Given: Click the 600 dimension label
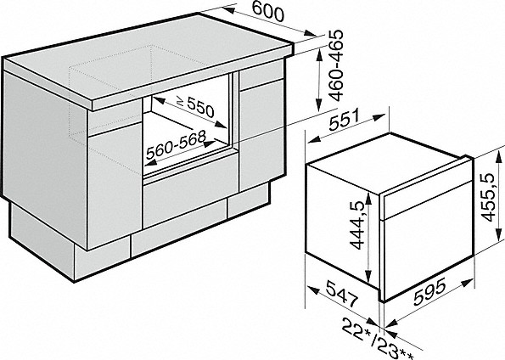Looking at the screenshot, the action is (x=268, y=11).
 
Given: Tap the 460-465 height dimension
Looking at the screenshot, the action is (x=337, y=65).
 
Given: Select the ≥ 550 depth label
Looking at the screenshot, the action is (x=196, y=106).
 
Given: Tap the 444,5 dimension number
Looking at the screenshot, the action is (x=357, y=225).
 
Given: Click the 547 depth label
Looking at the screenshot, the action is (x=342, y=293).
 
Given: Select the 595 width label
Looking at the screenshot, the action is (x=429, y=291).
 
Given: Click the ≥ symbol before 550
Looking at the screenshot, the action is (x=181, y=102).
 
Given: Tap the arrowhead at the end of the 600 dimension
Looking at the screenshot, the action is (x=311, y=33).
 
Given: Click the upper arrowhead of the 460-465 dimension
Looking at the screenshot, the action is (x=319, y=56).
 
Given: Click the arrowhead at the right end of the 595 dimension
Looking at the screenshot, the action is (x=468, y=284).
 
